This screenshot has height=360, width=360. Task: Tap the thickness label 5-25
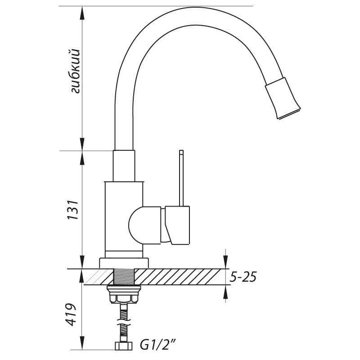243,277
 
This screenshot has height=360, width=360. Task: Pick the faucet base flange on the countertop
124,263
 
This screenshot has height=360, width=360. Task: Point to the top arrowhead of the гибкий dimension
82,12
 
